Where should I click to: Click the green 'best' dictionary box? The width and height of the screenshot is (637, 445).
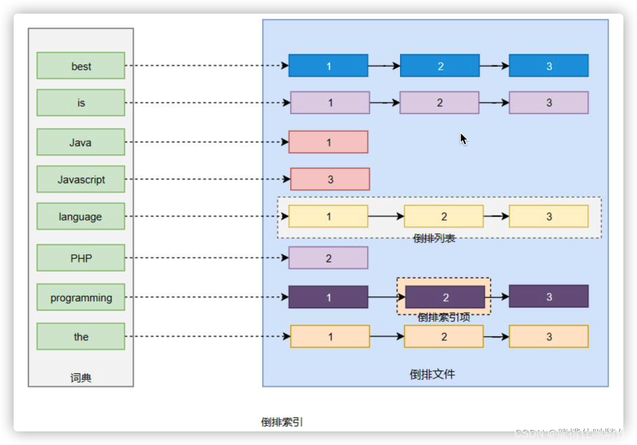tap(81, 65)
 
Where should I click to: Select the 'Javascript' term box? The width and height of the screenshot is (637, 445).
tap(81, 179)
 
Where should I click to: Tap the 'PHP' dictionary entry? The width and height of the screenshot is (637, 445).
tap(81, 258)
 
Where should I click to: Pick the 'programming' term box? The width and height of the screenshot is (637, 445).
tap(81, 297)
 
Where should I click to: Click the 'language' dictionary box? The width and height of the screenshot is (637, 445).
tap(81, 216)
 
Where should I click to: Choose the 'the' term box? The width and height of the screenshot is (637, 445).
tap(81, 336)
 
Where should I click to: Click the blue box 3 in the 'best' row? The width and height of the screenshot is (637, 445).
tap(549, 65)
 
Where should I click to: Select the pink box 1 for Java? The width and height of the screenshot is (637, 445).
tap(328, 142)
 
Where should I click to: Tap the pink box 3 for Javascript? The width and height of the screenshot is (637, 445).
tap(330, 179)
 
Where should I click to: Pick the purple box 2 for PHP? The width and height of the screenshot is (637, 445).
tap(328, 258)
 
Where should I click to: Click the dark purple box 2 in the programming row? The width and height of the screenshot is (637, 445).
tap(445, 297)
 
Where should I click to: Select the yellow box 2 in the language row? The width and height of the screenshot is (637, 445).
tap(444, 216)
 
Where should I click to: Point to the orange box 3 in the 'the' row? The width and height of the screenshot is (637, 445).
tap(549, 336)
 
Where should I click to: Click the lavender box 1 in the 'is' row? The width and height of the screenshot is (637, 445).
tap(330, 103)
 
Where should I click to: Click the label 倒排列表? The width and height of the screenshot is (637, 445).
tap(435, 238)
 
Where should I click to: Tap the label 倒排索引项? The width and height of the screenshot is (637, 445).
tap(444, 317)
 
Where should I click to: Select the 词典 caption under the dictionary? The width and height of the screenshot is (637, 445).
tap(81, 378)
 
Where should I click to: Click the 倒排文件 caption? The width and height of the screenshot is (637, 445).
tap(432, 374)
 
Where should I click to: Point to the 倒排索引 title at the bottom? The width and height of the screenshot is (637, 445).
tap(282, 422)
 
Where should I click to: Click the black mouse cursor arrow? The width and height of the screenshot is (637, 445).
tap(463, 139)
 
